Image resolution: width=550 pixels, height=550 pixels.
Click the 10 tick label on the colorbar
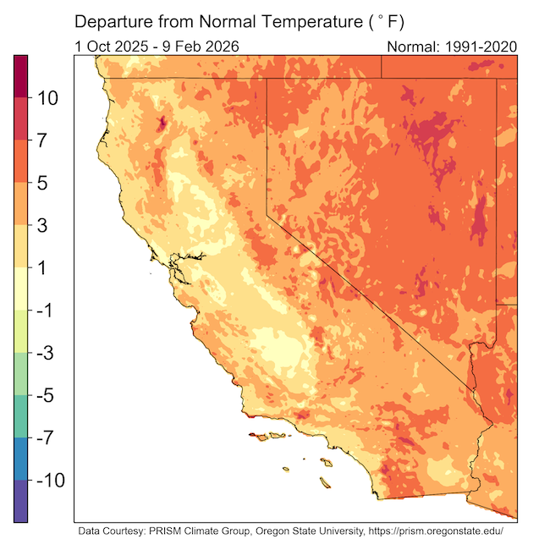pos(46,98)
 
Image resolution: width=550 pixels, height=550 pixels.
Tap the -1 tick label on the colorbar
pos(46,311)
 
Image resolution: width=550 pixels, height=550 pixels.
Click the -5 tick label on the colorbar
pos(46,395)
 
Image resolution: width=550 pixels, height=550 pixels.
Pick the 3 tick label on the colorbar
pos(46,226)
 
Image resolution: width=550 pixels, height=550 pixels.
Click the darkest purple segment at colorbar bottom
pos(20,501)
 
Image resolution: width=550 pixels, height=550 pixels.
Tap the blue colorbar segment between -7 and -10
pos(20,459)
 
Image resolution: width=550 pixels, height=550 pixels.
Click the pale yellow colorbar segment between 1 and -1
pos(20,289)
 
